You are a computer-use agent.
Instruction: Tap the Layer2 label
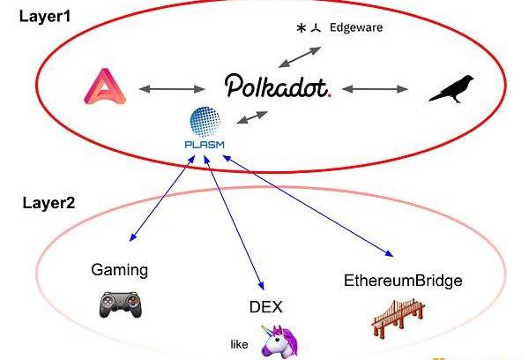(x=48, y=203)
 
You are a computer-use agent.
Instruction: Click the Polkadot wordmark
(x=276, y=86)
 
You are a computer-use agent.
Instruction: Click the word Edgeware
(x=356, y=26)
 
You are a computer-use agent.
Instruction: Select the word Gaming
(x=120, y=269)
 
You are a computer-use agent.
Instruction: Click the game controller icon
(x=119, y=304)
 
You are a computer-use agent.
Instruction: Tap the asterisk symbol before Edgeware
(x=301, y=28)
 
